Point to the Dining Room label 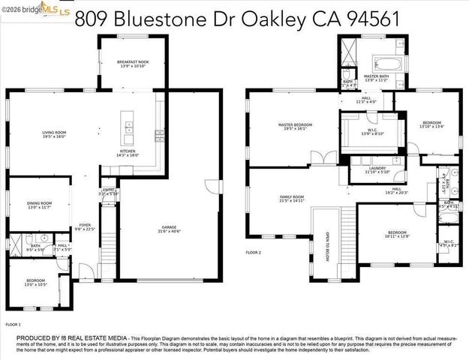coord(40,205)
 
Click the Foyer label coord(85,227)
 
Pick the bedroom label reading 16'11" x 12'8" coord(396,235)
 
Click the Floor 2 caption coord(254,253)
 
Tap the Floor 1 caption coord(13,324)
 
